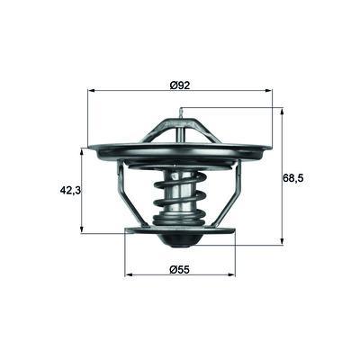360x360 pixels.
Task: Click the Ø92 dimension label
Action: click(180, 85)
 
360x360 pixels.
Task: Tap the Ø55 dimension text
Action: click(180, 270)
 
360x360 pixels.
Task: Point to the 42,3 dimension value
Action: click(70, 190)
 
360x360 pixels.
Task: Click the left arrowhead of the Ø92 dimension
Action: click(91, 90)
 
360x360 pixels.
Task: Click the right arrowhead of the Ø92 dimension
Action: click(269, 90)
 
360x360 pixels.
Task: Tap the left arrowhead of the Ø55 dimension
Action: click(129, 274)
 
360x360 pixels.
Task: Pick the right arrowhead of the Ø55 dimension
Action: click(231, 274)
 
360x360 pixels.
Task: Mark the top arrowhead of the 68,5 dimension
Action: click(282, 112)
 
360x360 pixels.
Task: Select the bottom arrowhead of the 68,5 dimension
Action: click(282, 241)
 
